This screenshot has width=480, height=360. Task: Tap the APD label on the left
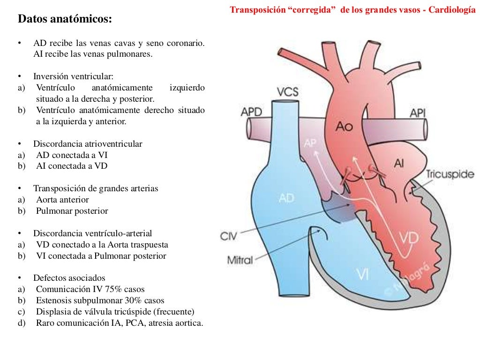click(x=251, y=112)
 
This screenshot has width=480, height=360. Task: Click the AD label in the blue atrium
click(x=286, y=198)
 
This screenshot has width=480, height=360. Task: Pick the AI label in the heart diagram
click(x=399, y=163)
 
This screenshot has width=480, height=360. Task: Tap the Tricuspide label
click(x=450, y=174)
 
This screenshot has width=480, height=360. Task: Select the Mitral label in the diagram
click(x=240, y=259)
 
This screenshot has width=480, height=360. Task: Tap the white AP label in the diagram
click(x=311, y=143)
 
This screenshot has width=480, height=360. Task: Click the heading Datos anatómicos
click(x=65, y=20)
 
